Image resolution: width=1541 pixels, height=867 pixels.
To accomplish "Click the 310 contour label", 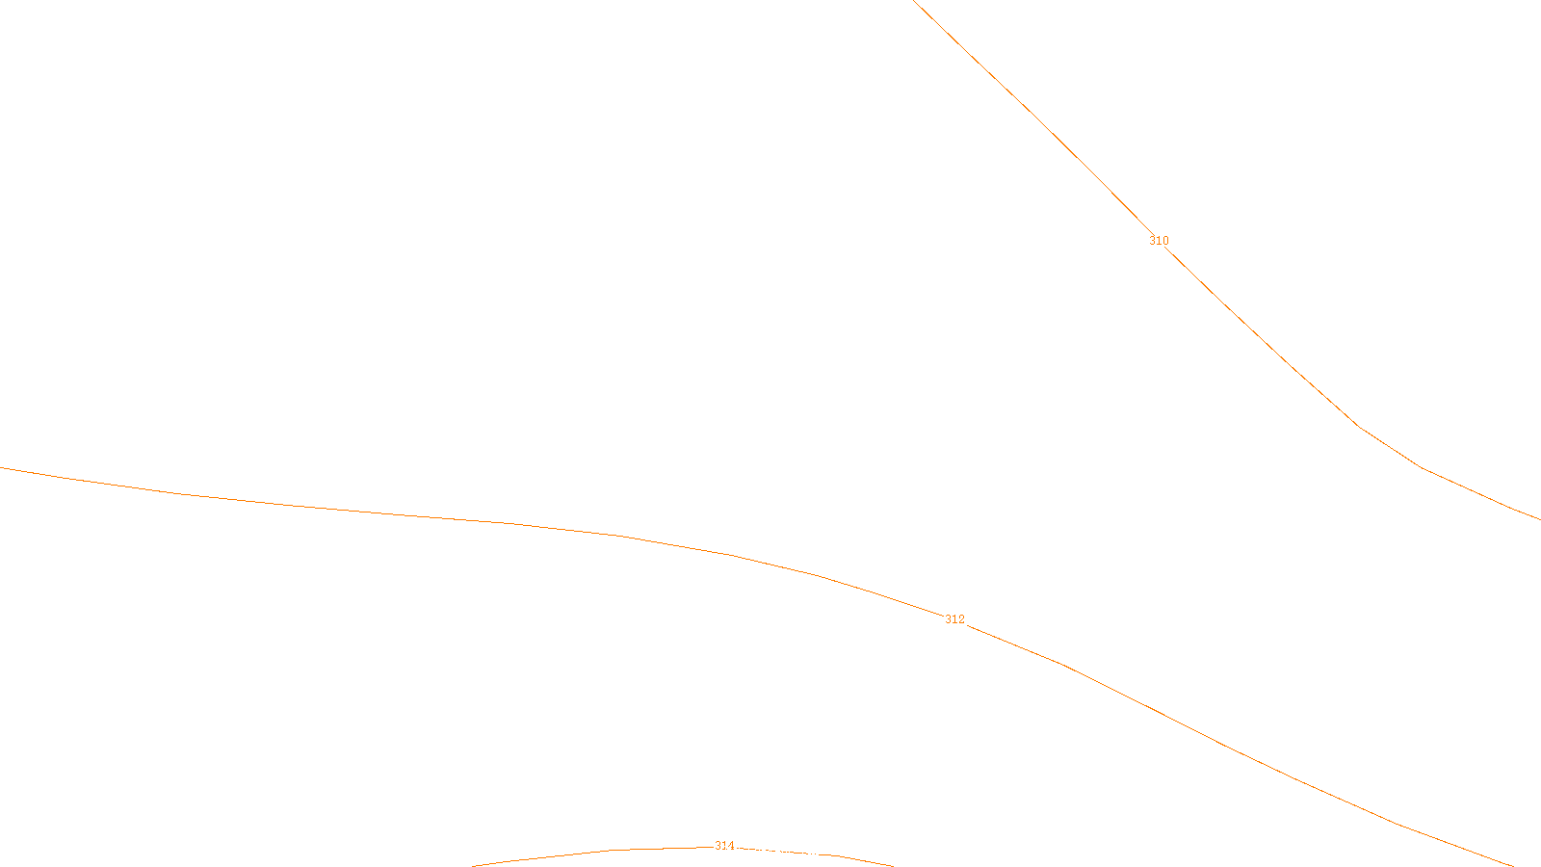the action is [x=1159, y=241].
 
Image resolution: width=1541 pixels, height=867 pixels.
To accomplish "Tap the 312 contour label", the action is [x=954, y=619].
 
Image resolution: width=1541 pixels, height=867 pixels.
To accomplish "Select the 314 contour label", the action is [x=724, y=846].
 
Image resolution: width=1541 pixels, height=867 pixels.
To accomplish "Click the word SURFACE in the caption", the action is [x=770, y=852].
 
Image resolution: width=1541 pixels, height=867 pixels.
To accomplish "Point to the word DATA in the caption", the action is [x=814, y=852].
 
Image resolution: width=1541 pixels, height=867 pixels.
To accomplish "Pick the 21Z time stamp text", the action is [x=730, y=852].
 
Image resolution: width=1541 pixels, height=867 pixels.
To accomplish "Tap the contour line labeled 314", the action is [x=578, y=853].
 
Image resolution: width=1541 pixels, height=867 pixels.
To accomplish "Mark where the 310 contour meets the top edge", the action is [x=913, y=1].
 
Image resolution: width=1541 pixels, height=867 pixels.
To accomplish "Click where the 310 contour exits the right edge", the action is [x=1539, y=519].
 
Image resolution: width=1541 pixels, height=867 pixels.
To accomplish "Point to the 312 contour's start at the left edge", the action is [x=1, y=468].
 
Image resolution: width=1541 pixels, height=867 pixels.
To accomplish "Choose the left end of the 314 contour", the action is [x=473, y=865].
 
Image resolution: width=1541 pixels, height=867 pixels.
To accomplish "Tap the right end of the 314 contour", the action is [x=892, y=865].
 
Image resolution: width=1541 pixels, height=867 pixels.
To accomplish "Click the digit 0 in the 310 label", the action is [x=1165, y=241].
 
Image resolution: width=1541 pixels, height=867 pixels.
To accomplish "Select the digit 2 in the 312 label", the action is [x=961, y=619].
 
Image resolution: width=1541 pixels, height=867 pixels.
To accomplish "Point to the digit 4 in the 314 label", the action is [x=731, y=846].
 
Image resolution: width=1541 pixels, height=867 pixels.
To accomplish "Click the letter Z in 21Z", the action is [x=737, y=852].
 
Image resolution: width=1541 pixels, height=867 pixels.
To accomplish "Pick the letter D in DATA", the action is [x=805, y=852].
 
